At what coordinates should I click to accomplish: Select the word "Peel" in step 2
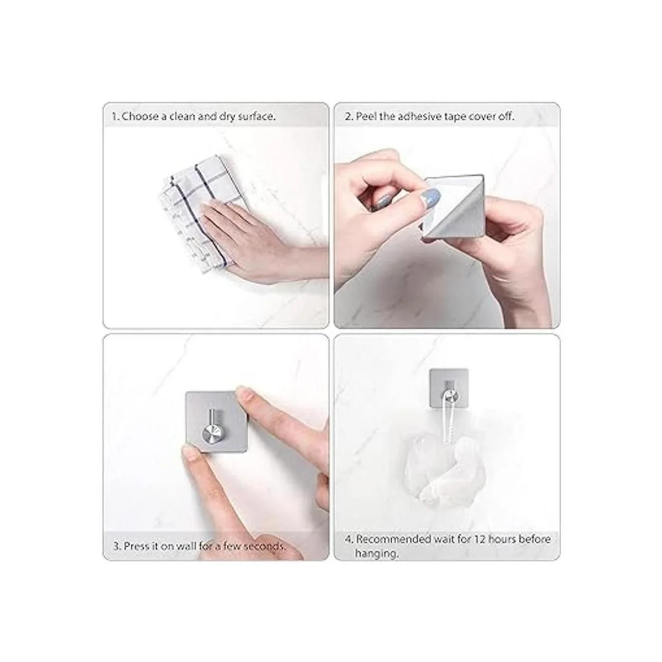[366, 116]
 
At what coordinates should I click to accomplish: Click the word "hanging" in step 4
[377, 553]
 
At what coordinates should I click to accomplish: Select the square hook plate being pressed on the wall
[216, 422]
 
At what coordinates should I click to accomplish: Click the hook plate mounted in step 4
[449, 388]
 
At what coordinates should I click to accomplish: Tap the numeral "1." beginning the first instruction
[116, 116]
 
